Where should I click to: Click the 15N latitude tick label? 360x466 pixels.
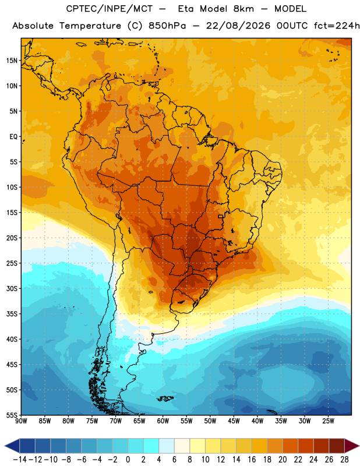coord(12,61)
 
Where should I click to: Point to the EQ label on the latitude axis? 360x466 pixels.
coord(13,137)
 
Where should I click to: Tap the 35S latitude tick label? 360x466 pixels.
coord(12,314)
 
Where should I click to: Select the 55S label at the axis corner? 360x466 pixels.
coord(12,415)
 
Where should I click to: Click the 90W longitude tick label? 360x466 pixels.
coord(21,421)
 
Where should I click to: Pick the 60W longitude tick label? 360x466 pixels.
coord(163,421)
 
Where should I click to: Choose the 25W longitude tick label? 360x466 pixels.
coord(328,421)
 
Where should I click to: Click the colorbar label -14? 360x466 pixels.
coord(20,460)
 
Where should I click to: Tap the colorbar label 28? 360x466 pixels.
coord(344,460)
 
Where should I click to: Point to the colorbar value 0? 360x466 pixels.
coord(128,460)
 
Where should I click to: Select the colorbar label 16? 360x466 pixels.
coord(252,460)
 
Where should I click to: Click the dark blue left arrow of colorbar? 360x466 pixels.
coord(12,446)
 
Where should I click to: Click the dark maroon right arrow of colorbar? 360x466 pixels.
coord(352,446)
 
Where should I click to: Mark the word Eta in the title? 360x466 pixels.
coord(186,9)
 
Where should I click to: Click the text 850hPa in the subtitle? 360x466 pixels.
coord(167,26)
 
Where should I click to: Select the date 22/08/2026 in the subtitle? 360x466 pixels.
coord(238,26)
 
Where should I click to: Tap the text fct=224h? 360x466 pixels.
coord(337,26)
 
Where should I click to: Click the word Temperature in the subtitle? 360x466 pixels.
coord(90,26)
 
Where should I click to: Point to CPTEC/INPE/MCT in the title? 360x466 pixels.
coord(110,9)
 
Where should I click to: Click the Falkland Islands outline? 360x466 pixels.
coord(165,398)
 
